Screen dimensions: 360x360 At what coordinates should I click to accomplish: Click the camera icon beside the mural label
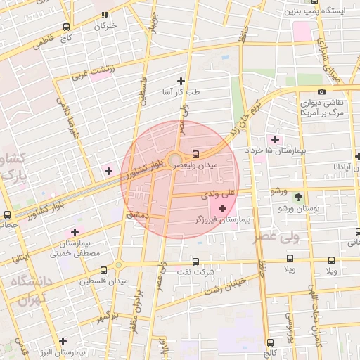[321, 91]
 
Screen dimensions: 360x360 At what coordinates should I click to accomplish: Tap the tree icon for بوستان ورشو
[298, 198]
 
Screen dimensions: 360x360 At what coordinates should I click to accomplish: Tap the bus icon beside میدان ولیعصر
[195, 153]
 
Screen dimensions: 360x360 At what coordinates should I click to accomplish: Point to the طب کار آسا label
[183, 92]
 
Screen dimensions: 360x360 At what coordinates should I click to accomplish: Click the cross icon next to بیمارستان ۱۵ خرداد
[274, 139]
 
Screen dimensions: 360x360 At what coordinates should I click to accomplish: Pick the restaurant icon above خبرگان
[105, 14]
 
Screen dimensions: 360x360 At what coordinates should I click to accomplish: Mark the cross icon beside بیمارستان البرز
[63, 340]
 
